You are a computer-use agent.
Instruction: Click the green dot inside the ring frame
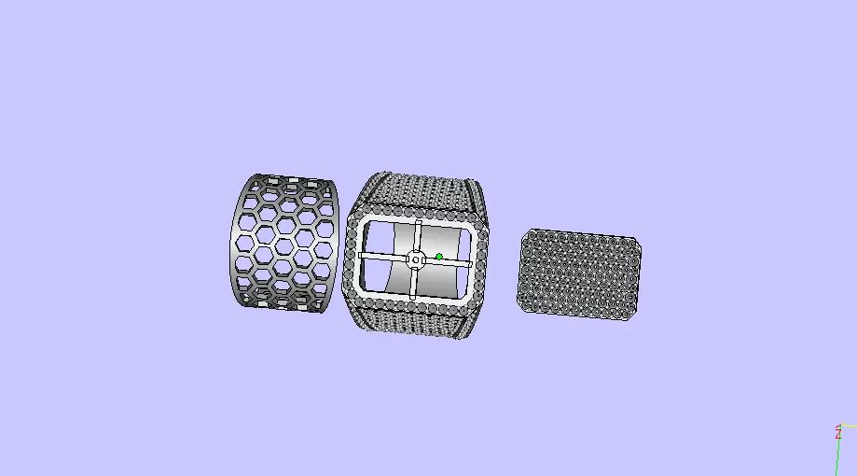[x=438, y=256]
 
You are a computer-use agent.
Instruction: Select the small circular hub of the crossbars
[x=416, y=259]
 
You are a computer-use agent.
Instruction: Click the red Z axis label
[x=838, y=434]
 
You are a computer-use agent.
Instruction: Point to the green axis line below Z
[x=836, y=457]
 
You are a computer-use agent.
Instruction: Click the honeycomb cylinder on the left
[x=283, y=243]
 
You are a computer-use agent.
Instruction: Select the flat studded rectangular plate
[x=579, y=275]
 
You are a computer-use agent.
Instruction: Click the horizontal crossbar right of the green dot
[x=458, y=258]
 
